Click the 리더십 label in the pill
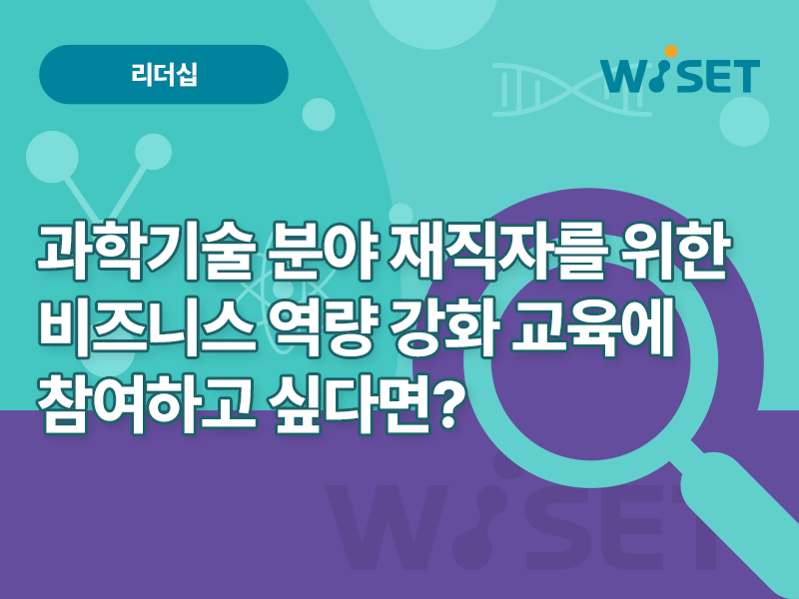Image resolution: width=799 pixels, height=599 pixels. click(x=164, y=74)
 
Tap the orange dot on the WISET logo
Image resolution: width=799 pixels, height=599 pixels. click(x=671, y=52)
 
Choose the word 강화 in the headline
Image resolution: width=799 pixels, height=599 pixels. click(x=442, y=326)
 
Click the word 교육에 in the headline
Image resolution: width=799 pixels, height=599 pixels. click(x=591, y=326)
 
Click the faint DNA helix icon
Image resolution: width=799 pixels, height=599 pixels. click(x=570, y=90)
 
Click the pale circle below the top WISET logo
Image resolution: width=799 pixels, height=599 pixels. click(x=744, y=121)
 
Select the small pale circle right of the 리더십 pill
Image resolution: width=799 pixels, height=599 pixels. click(x=319, y=115)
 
